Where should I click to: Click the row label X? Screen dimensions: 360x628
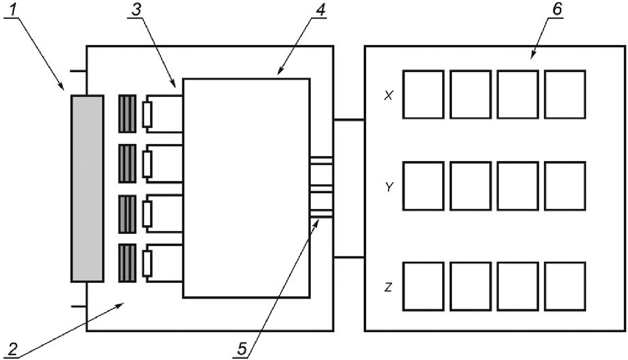388,96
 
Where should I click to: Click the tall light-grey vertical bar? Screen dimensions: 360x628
87,188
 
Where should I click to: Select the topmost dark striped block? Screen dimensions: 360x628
127,114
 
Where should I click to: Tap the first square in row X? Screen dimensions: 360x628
423,94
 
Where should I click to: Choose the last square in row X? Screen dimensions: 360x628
565,94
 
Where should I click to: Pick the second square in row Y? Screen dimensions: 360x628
470,186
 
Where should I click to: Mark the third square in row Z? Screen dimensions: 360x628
518,286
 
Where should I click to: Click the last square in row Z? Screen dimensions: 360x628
565,286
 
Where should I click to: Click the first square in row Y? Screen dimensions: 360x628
423,186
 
